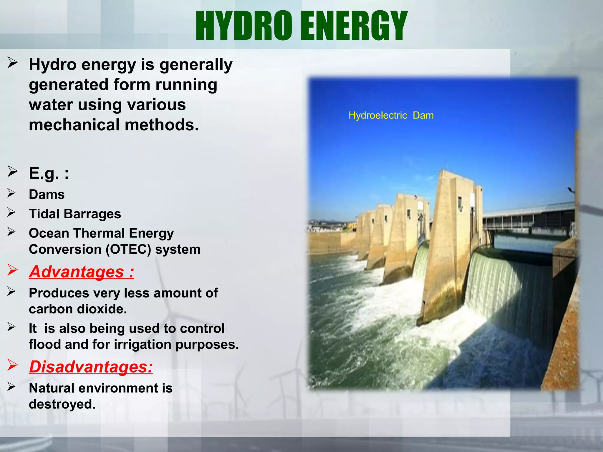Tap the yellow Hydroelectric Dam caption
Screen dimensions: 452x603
pos(391,115)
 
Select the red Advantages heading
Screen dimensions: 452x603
pos(82,272)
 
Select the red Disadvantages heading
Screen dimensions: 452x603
pos(91,367)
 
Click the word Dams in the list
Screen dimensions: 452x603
pos(47,195)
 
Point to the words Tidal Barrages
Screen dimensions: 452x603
pos(75,214)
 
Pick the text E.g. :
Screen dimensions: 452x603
pos(49,173)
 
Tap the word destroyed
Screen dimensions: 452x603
pos(62,404)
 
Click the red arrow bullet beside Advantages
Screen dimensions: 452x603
pos(13,270)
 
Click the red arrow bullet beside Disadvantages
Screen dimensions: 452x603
pos(13,365)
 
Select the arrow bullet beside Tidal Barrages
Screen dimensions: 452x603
pos(12,212)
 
